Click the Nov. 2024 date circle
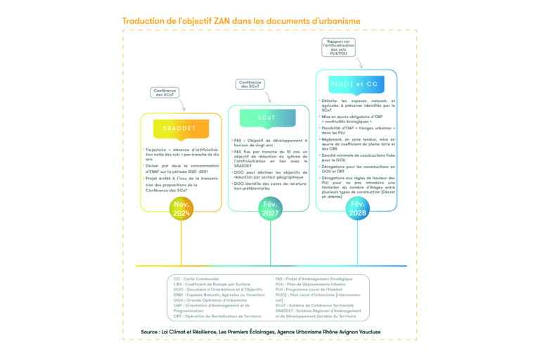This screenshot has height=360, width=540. (181, 208)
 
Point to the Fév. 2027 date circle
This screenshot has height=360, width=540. (268, 208)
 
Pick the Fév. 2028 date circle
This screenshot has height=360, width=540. (356, 208)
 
